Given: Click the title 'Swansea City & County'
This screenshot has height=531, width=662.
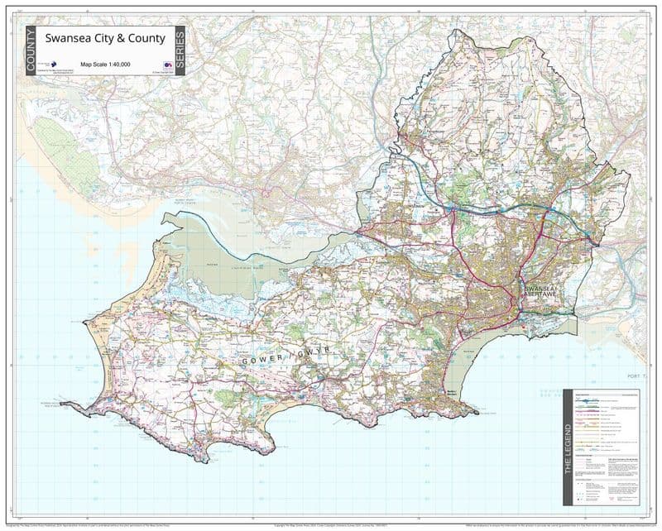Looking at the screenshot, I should coord(105,38).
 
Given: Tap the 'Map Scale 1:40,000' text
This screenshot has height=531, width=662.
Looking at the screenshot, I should coord(105,64).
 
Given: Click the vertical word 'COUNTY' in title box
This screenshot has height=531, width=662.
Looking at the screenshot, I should coord(31,50).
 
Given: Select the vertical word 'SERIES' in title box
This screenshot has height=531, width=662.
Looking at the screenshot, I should coord(180,50).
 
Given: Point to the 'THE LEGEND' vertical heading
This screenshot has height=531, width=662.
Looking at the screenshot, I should coord(568,446).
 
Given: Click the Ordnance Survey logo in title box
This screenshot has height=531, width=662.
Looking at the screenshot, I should coord(167,64).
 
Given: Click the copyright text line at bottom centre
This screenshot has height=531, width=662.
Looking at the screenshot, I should coord(331,524).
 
